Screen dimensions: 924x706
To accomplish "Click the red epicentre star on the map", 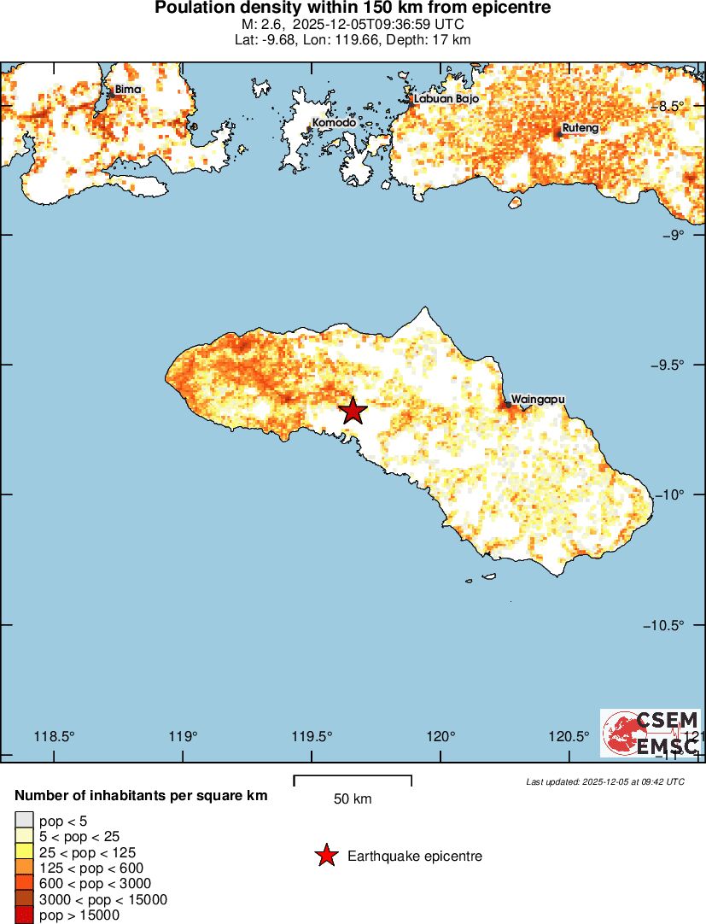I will [353, 411].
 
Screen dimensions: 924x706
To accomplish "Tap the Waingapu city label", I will [537, 399].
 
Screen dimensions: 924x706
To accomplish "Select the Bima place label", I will [128, 89].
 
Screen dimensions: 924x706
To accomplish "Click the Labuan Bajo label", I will [446, 98].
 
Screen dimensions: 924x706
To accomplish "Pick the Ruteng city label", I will [580, 128].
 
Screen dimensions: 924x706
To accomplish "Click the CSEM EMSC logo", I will [651, 733].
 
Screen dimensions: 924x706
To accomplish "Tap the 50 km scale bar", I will [353, 781].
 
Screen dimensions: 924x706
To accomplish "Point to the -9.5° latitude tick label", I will [680, 365].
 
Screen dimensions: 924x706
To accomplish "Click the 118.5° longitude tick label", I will [54, 737].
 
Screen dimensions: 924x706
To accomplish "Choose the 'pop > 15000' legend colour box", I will [25, 915].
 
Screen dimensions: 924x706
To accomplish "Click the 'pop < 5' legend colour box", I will [25, 822].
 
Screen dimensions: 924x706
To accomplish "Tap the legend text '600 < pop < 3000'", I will [96, 883].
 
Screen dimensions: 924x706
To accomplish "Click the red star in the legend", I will [325, 856].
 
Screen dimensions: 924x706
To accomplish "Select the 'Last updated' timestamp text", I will [605, 781].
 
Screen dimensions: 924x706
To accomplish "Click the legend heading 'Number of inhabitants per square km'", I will [141, 796].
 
